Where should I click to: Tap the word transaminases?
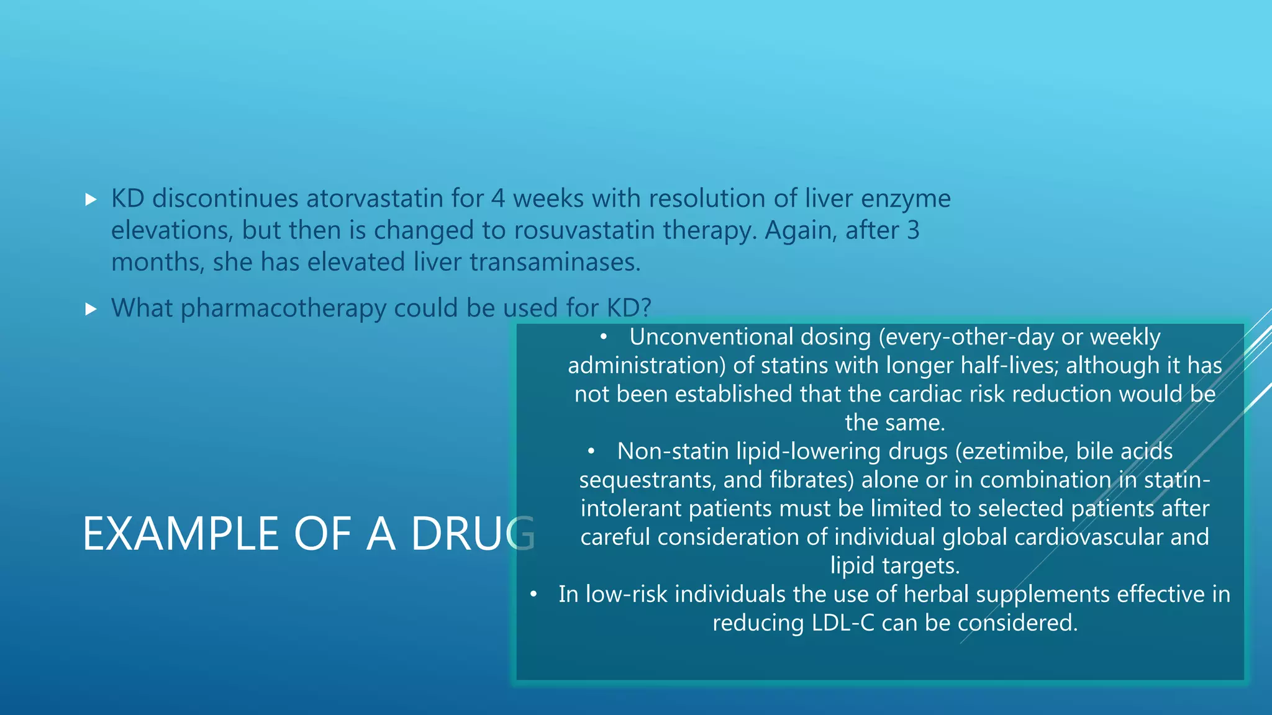[x=555, y=262]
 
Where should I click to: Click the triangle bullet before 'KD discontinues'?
[x=91, y=199]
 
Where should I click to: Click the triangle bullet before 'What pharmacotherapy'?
[x=91, y=308]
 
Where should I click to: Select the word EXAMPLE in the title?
[x=181, y=534]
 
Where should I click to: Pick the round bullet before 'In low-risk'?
[x=534, y=595]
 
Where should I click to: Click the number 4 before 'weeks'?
[x=498, y=199]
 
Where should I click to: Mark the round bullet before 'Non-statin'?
[x=592, y=452]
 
